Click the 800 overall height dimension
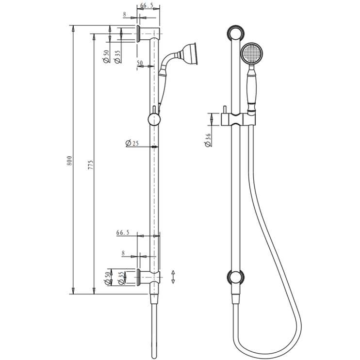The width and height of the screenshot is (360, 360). (x=69, y=161)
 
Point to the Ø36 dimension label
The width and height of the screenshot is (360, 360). (x=208, y=139)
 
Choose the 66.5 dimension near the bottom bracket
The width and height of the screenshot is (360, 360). (x=123, y=233)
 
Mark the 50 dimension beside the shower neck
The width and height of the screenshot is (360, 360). (x=140, y=63)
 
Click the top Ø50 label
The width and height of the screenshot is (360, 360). (x=106, y=57)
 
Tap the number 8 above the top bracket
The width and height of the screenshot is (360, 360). (x=124, y=15)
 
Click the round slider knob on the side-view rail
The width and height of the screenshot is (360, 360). (x=154, y=119)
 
